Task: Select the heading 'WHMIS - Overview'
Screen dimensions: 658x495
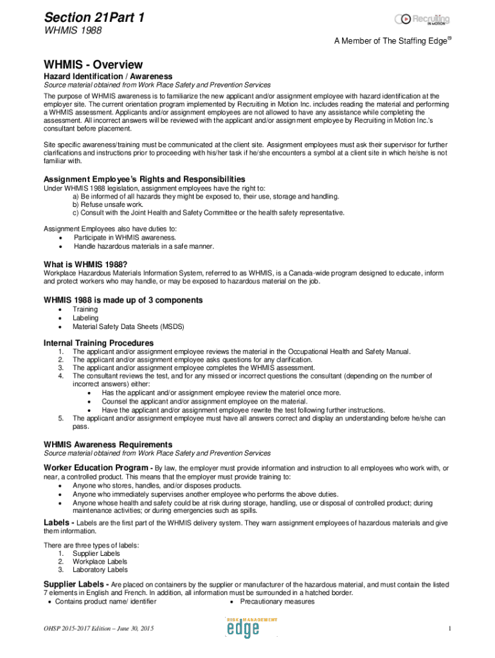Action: (x=93, y=65)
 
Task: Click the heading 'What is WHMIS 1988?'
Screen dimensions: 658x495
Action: (x=85, y=265)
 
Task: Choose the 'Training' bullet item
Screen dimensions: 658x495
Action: (x=85, y=310)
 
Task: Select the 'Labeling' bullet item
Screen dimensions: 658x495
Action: (x=85, y=318)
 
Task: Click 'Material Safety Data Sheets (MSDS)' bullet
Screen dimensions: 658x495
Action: (x=128, y=326)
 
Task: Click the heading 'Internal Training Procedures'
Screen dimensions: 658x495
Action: (x=98, y=343)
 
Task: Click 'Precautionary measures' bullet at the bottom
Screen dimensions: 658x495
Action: (x=277, y=601)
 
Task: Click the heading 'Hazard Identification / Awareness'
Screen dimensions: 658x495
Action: (x=99, y=76)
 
